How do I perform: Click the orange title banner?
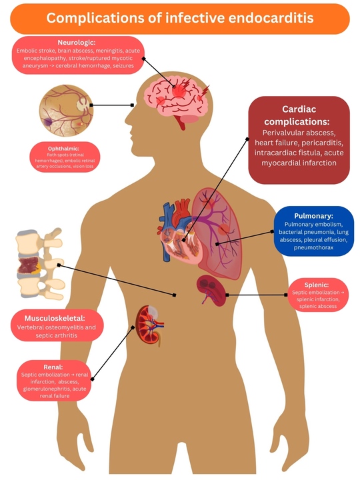pos(180,19)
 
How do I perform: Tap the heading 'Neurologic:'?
pos(77,43)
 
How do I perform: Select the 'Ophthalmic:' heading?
pos(64,149)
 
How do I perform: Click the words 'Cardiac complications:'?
pos(297,115)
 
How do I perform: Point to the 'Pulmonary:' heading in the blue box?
pos(313,216)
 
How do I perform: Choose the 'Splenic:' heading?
pos(317,285)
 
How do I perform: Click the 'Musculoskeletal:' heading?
pos(55,319)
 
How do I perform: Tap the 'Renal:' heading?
pos(53,367)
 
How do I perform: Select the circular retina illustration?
pos(66,111)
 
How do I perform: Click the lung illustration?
pos(217,233)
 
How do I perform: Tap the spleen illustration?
pos(211,290)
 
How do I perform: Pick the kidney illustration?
pos(149,325)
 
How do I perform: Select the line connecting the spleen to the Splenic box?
pos(257,295)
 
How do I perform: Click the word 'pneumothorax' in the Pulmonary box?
pos(313,247)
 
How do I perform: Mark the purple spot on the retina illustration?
pos(48,122)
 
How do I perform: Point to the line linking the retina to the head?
pos(112,105)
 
